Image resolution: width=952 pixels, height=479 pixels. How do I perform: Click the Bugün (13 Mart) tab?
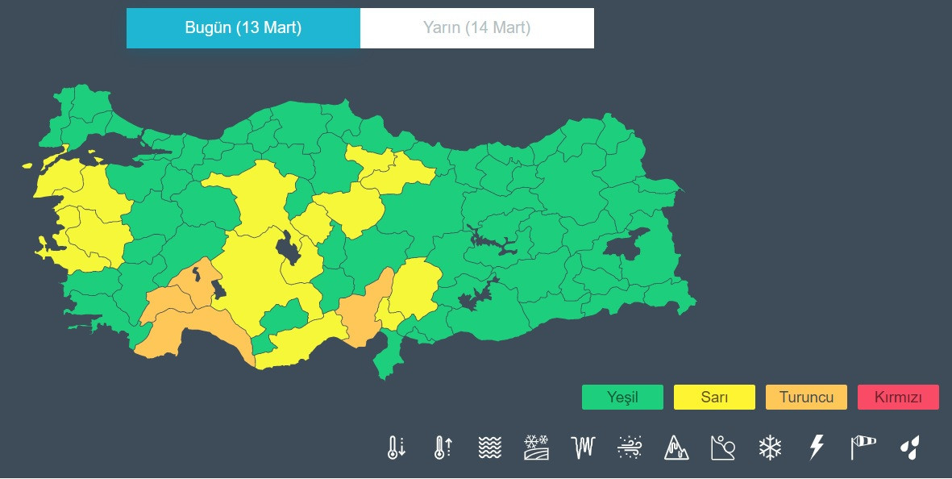pos(243,28)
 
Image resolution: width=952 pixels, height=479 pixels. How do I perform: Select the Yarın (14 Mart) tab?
pos(476,28)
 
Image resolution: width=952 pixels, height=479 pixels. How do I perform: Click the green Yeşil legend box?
pos(622,398)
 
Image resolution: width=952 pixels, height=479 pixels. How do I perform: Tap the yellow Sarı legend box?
pos(714,398)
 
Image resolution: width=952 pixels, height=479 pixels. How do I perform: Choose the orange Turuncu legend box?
pos(806,398)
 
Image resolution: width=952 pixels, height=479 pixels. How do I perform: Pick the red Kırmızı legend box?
pos(898,398)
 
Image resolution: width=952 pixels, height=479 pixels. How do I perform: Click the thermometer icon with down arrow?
pos(396,447)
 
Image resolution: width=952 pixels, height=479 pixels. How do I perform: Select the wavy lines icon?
pos(489,447)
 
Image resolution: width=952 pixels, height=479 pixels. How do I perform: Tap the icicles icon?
pos(583,447)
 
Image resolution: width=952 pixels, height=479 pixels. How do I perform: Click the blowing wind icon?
pos(630,447)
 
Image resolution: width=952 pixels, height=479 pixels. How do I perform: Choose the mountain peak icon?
pos(676,447)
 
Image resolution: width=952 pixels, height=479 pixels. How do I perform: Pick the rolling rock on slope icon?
pos(723,447)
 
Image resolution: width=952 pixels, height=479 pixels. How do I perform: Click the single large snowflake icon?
pos(770,447)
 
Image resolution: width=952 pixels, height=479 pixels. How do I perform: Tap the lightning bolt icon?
pos(817,447)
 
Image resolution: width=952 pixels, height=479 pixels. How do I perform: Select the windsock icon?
pos(863,447)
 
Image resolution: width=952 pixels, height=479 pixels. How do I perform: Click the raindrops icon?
pos(910,447)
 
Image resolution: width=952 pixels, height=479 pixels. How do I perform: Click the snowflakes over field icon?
pos(536,447)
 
